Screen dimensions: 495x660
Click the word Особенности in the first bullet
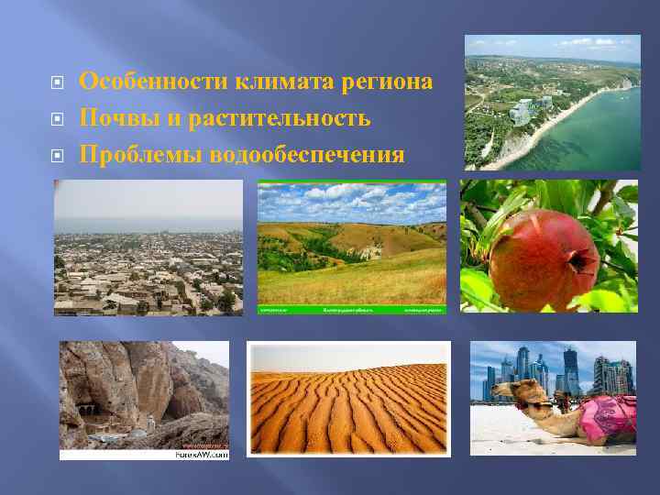154,82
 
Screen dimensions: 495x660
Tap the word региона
387,82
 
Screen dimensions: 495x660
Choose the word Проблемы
141,155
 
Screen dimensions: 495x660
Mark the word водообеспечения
307,155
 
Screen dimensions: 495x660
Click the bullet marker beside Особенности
57,82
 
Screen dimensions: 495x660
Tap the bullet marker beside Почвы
57,119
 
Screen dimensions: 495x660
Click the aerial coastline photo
552,102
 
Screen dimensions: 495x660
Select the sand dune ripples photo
348,399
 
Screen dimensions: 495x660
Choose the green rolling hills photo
352,243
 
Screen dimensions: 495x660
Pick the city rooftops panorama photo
148,247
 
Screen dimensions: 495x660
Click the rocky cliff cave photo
143,394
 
